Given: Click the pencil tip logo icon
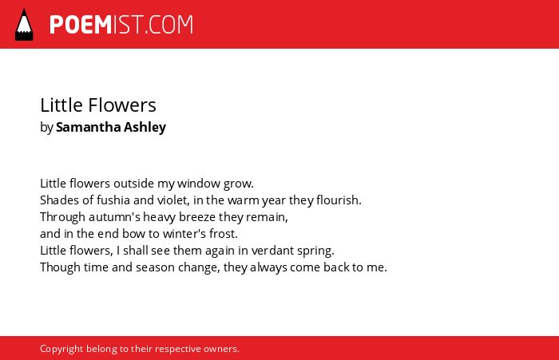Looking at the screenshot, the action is point(24,24).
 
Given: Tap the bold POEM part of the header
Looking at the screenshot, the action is point(81,25).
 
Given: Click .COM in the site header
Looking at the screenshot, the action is point(169,25).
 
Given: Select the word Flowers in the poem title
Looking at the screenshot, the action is point(122,105).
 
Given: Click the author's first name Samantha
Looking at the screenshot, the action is point(89,127).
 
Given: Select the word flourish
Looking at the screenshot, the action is point(339,200).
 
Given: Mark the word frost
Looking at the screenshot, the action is point(224,234).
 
